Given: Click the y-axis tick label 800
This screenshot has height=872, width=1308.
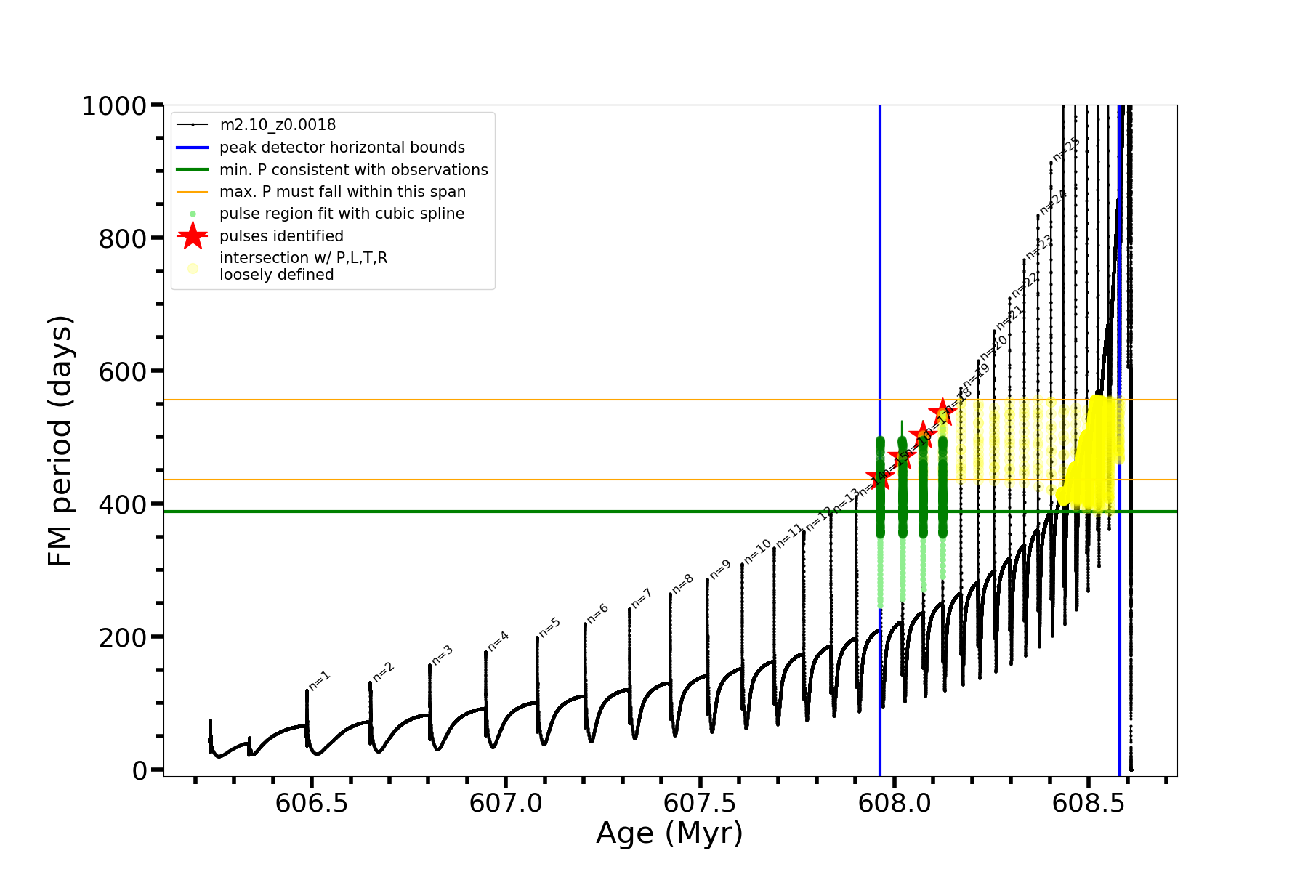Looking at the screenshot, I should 122,238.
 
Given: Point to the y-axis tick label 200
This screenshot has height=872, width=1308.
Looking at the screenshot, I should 122,637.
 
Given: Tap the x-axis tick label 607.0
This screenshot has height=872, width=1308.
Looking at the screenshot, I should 506,803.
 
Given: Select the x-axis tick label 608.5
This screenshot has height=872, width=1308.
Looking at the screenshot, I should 1088,803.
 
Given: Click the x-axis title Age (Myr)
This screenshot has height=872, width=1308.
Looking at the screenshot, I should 669,833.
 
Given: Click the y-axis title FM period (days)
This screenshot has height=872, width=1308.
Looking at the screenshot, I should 60,440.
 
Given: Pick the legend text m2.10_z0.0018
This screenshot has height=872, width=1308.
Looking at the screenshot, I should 278,125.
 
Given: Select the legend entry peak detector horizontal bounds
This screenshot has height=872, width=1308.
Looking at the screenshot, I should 342,148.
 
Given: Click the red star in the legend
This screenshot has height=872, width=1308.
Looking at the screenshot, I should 193,235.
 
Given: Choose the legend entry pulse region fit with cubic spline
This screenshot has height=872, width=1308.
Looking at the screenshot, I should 342,214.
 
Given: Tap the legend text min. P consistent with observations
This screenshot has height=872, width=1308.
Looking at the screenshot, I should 353,170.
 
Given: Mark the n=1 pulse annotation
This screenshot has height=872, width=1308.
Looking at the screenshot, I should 320,681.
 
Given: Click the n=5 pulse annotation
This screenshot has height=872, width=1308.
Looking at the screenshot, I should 550,628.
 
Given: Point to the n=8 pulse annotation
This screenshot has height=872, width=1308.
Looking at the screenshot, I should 683,584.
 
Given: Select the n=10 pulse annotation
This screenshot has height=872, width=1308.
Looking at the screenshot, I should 757,552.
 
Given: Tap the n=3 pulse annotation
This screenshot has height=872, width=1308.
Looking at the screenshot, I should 443,655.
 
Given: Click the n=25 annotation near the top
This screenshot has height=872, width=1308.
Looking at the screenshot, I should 1066,150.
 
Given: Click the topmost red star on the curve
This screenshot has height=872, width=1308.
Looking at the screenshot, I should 942,411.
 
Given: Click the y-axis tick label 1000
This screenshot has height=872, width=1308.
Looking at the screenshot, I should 114,106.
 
